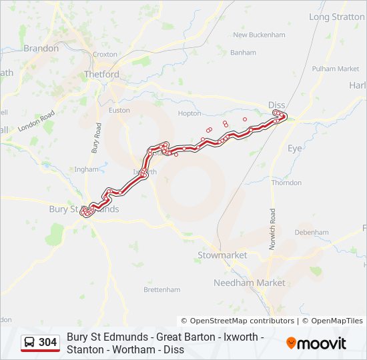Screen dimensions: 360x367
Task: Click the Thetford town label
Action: tap(101, 75)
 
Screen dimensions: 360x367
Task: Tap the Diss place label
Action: tap(276, 105)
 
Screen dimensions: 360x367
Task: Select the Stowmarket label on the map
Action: tap(222, 255)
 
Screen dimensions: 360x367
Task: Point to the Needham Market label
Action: tap(249, 283)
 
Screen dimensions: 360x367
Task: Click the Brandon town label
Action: tap(41, 48)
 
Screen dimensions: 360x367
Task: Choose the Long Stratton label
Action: tap(337, 17)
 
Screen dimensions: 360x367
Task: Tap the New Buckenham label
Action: tap(258, 35)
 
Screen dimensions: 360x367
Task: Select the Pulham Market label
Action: tap(339, 69)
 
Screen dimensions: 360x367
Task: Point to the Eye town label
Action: tap(295, 148)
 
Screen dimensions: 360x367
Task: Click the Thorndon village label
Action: tap(286, 183)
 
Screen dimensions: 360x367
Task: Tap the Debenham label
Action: tap(312, 232)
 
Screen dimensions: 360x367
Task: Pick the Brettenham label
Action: tap(162, 290)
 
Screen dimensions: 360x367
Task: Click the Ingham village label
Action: tap(86, 169)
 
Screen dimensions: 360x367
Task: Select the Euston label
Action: tap(119, 110)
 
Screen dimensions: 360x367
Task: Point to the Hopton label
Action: tap(190, 114)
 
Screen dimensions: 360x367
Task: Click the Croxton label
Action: tap(105, 54)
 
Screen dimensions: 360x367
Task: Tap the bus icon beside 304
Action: tap(30, 343)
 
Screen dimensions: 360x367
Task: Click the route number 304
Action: tap(47, 343)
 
